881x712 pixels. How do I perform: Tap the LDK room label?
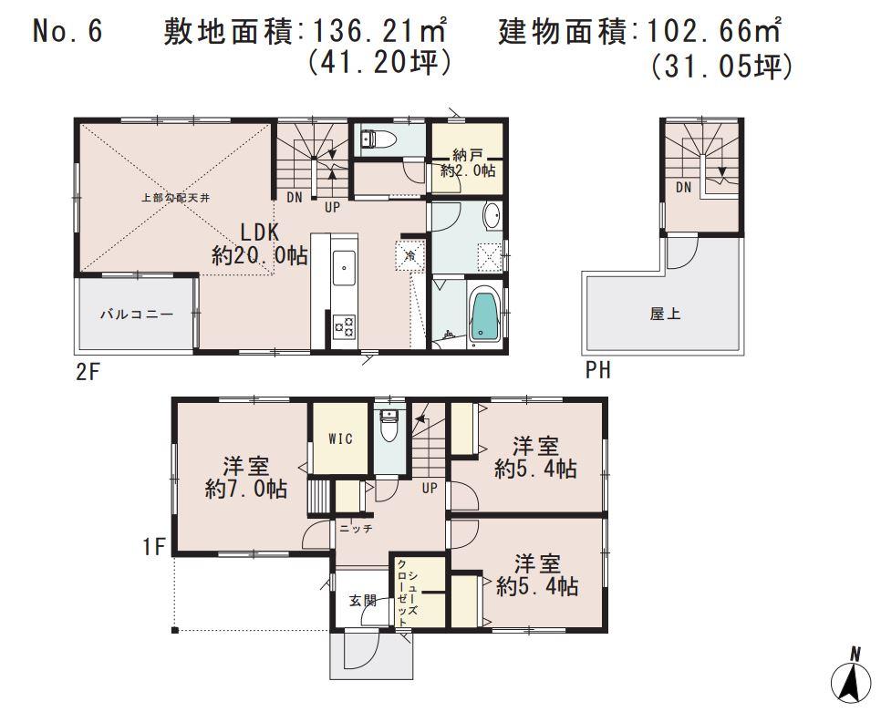260,242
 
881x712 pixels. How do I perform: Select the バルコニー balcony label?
136,314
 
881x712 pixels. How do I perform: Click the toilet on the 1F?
389,426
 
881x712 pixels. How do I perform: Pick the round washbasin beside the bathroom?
490,217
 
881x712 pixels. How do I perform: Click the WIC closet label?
340,439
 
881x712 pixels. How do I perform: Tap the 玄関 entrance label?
361,601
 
